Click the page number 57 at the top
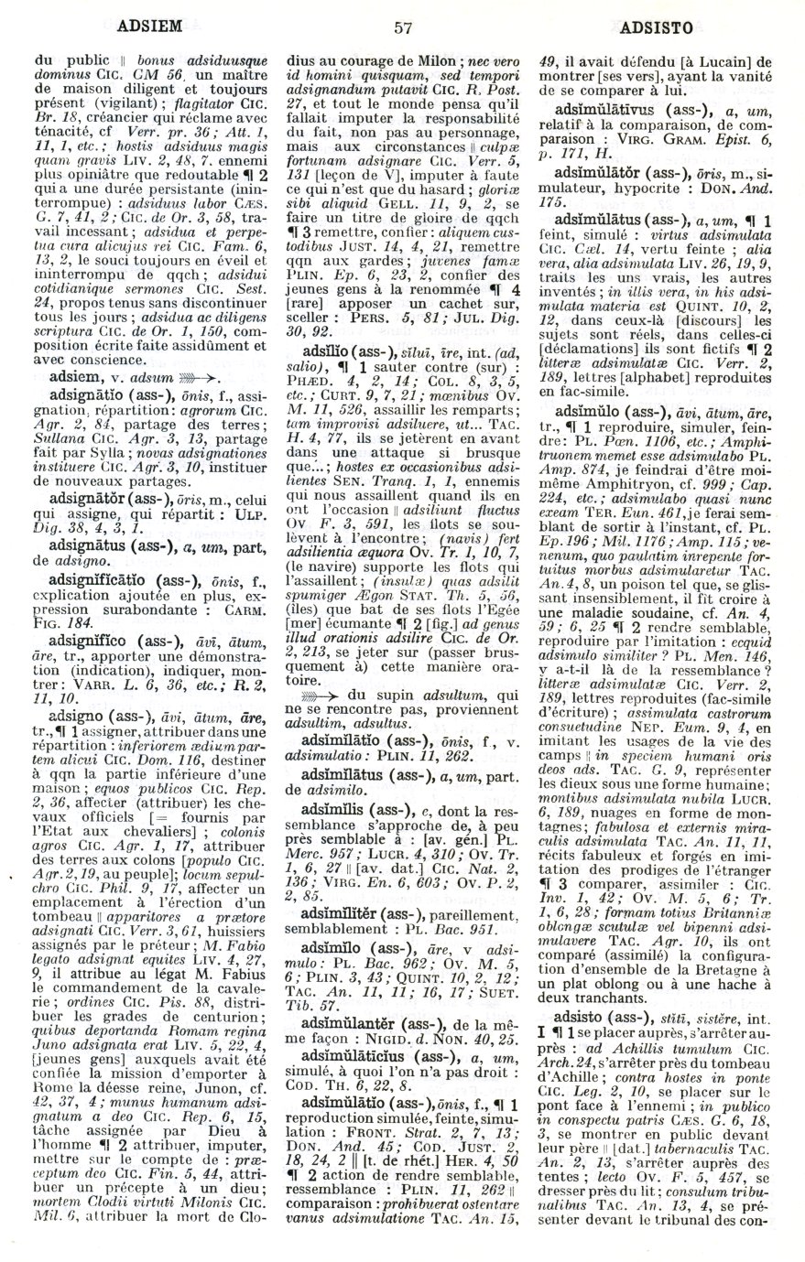[x=403, y=27]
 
